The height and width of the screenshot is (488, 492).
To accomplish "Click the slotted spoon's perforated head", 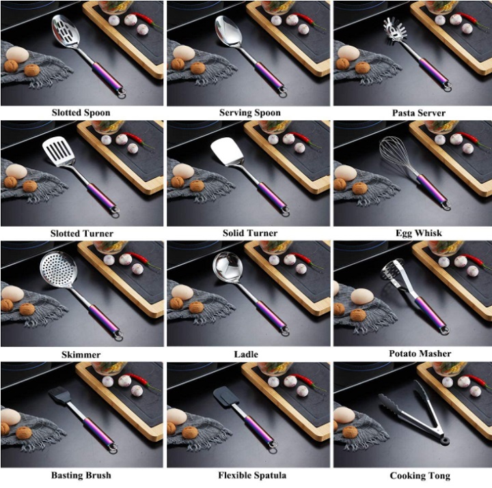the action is click(66, 31).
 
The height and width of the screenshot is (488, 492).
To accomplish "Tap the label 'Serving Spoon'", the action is click(250, 113).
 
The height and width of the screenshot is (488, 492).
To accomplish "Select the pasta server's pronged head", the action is click(394, 30).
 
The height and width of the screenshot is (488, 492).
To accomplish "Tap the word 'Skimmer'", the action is click(81, 355).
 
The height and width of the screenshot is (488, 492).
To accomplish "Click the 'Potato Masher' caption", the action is click(420, 354).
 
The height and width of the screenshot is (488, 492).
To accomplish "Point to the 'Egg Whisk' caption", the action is click(419, 233).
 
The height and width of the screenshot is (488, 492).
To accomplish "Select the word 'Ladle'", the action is click(246, 354).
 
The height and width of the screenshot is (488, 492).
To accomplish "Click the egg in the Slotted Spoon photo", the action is click(17, 54).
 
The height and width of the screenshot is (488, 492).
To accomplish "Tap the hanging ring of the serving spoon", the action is click(283, 92).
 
